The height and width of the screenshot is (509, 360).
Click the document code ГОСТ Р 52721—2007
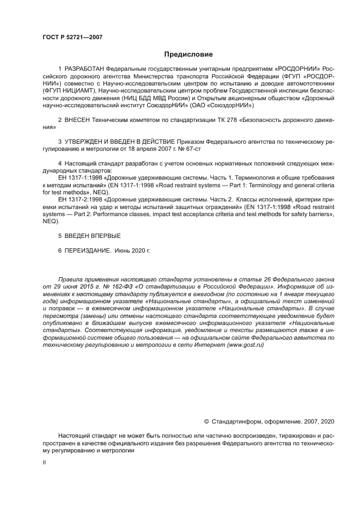point(72,37)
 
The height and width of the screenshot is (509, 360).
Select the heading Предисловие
point(188,54)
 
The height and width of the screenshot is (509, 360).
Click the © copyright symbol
point(206,421)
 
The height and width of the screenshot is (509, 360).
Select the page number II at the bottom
point(44,462)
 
